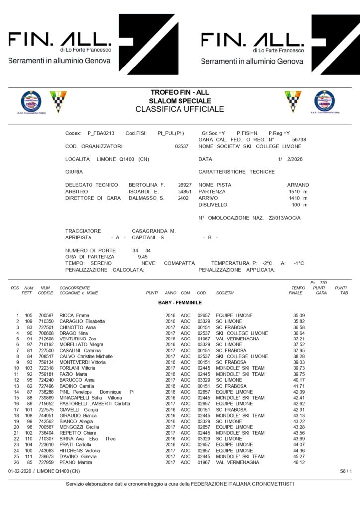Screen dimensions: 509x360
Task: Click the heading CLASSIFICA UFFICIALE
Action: [180, 109]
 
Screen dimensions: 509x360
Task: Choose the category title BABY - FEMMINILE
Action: [180, 302]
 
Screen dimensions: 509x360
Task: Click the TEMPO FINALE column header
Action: [298, 290]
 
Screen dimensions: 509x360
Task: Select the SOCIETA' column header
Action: [225, 293]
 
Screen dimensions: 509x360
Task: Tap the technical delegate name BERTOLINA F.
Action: [147, 184]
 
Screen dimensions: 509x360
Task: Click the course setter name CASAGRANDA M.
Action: [154, 231]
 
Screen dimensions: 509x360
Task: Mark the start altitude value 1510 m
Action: [298, 191]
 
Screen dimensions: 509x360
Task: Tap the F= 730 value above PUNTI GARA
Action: [318, 282]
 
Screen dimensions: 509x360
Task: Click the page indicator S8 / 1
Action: [346, 470]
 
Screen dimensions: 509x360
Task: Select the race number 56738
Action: [299, 140]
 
